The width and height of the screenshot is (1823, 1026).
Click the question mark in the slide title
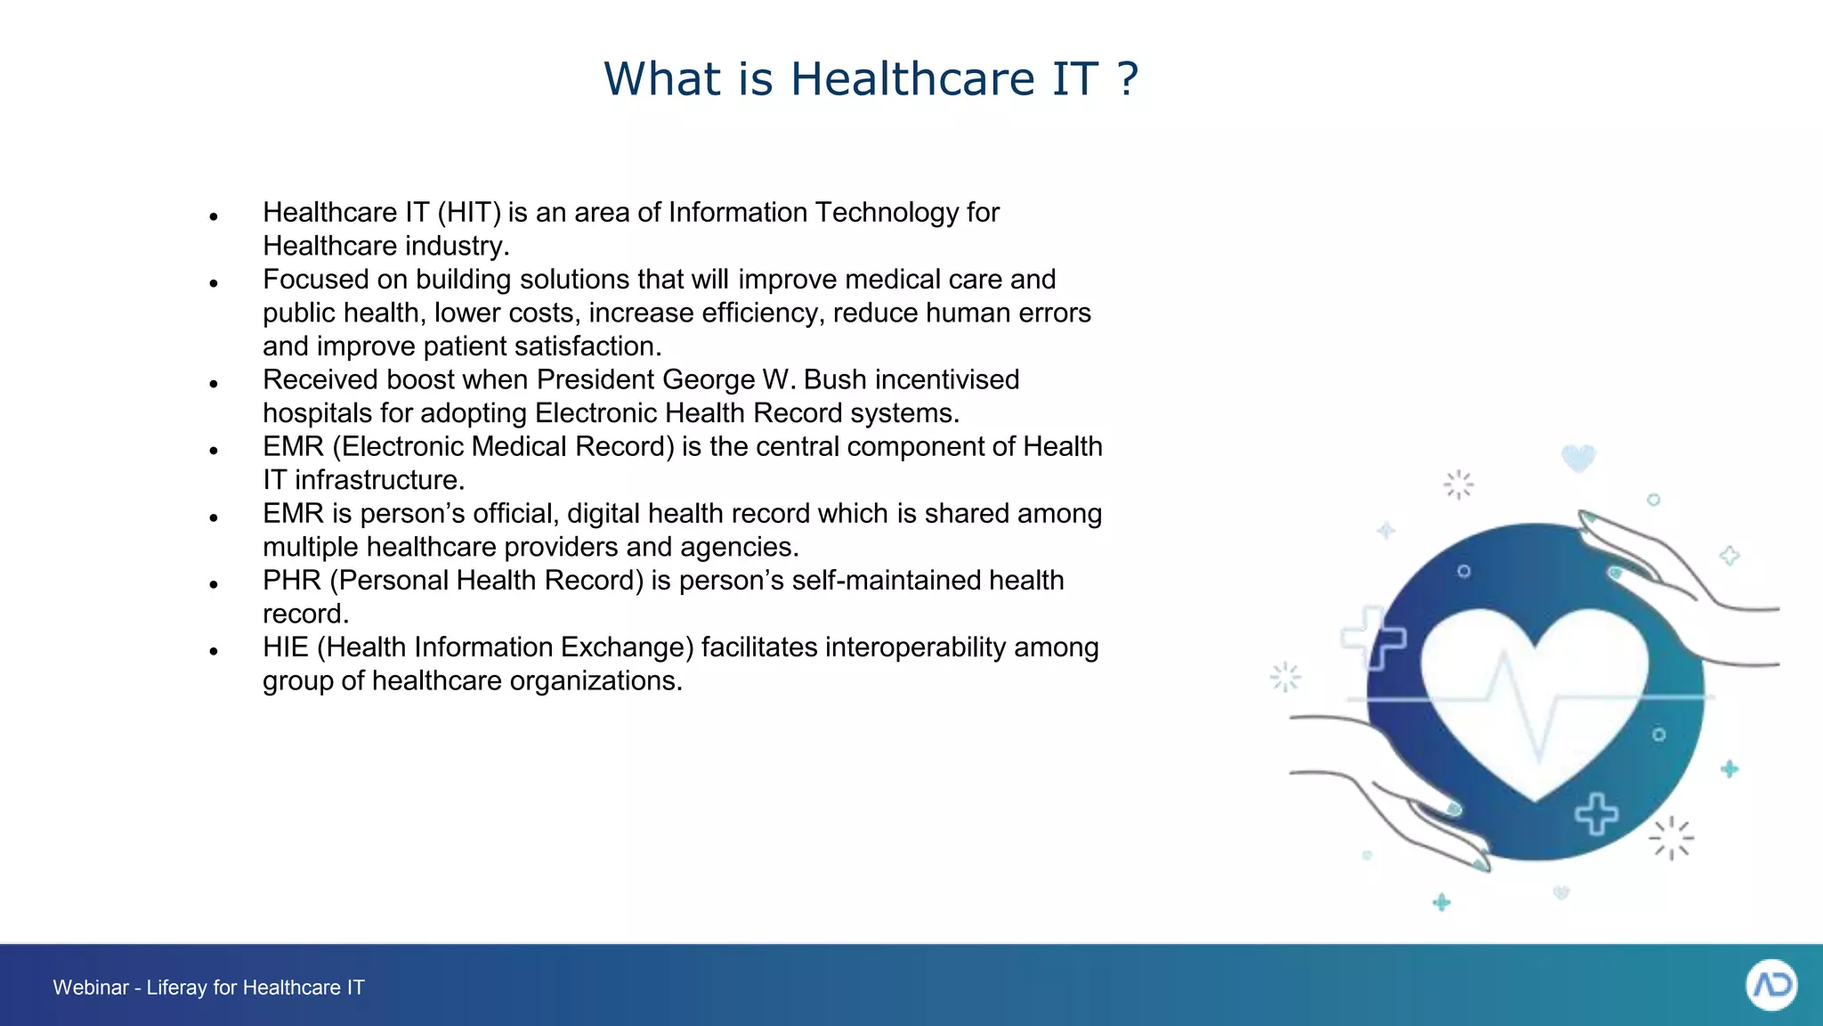[1128, 79]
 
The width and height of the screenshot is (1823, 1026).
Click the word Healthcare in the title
[912, 79]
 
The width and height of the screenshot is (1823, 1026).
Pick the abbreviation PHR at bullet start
[291, 581]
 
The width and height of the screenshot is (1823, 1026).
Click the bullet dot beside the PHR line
[214, 585]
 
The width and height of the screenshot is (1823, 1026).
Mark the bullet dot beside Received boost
[214, 385]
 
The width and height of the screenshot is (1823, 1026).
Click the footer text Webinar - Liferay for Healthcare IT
[208, 988]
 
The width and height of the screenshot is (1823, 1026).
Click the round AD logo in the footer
[1771, 985]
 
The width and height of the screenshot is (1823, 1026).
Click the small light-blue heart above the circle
[1578, 459]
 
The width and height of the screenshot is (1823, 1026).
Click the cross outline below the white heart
[1597, 814]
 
